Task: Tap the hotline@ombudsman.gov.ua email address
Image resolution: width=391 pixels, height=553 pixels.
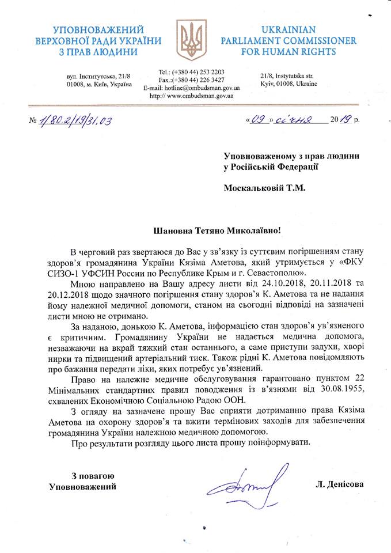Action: [x=200, y=88]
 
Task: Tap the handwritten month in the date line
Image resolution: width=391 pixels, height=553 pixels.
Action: [x=293, y=120]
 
